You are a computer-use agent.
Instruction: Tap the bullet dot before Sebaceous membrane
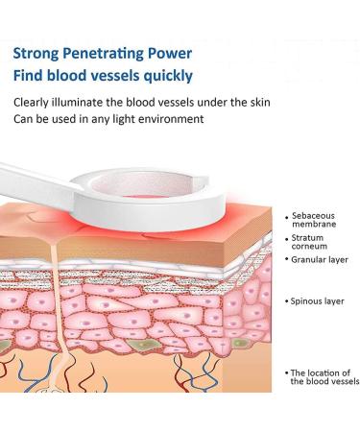pos(287,219)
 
